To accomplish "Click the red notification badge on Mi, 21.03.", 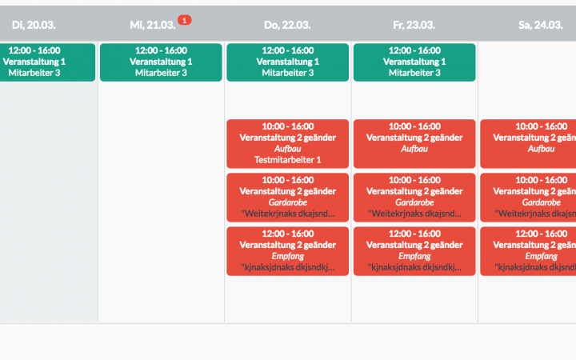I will [x=184, y=20].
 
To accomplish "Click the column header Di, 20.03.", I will [x=34, y=26].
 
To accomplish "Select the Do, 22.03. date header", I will [x=287, y=26].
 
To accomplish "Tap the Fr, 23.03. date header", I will [x=414, y=26].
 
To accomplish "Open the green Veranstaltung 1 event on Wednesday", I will [x=161, y=62].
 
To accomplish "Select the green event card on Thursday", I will [x=287, y=62].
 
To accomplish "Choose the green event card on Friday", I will [x=414, y=62].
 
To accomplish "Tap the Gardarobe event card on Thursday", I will [x=287, y=197].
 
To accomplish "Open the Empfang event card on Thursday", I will [x=287, y=250].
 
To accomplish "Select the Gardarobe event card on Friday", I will [x=414, y=197].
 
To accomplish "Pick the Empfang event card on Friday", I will [x=414, y=250].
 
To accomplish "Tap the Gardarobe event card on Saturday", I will [x=528, y=197].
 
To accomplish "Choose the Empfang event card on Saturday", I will [x=528, y=250].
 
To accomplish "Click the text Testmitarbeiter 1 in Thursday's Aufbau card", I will [x=287, y=160].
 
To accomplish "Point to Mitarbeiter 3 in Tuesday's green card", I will [x=34, y=73].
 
